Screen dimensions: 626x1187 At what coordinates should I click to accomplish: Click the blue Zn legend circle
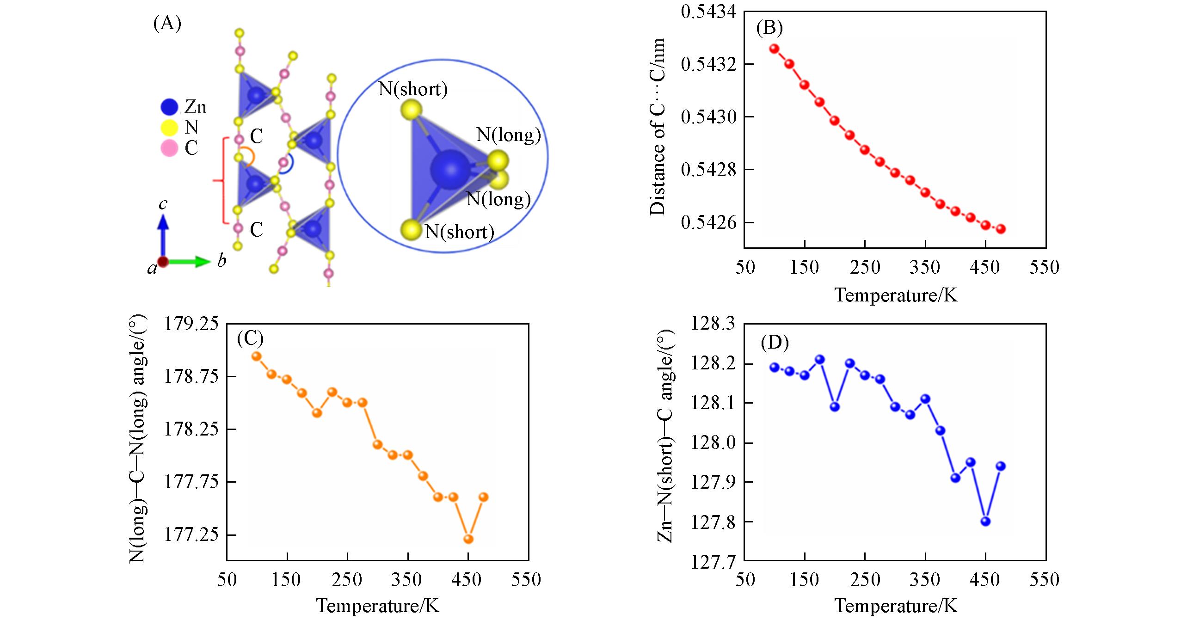pos(169,107)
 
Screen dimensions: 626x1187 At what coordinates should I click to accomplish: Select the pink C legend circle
pos(169,148)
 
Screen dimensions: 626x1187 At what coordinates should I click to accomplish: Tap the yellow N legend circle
pos(169,128)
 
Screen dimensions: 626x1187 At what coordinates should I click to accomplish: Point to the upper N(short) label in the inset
pos(412,89)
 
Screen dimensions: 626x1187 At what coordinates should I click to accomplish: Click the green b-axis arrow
pos(190,262)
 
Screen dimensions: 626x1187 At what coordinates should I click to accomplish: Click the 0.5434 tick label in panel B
pos(706,11)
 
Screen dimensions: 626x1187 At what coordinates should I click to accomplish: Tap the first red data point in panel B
pos(775,48)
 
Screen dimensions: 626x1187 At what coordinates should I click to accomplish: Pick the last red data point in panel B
pos(1001,229)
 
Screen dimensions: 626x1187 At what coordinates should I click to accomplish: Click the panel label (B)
pos(769,29)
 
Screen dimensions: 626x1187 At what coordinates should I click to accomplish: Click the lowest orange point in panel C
pos(468,539)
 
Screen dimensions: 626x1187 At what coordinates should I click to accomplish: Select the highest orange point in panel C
pos(257,356)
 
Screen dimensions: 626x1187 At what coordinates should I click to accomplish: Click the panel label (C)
pos(250,339)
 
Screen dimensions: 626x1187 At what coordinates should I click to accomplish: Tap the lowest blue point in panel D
pos(985,522)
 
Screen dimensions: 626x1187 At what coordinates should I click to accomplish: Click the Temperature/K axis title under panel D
pos(896,606)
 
